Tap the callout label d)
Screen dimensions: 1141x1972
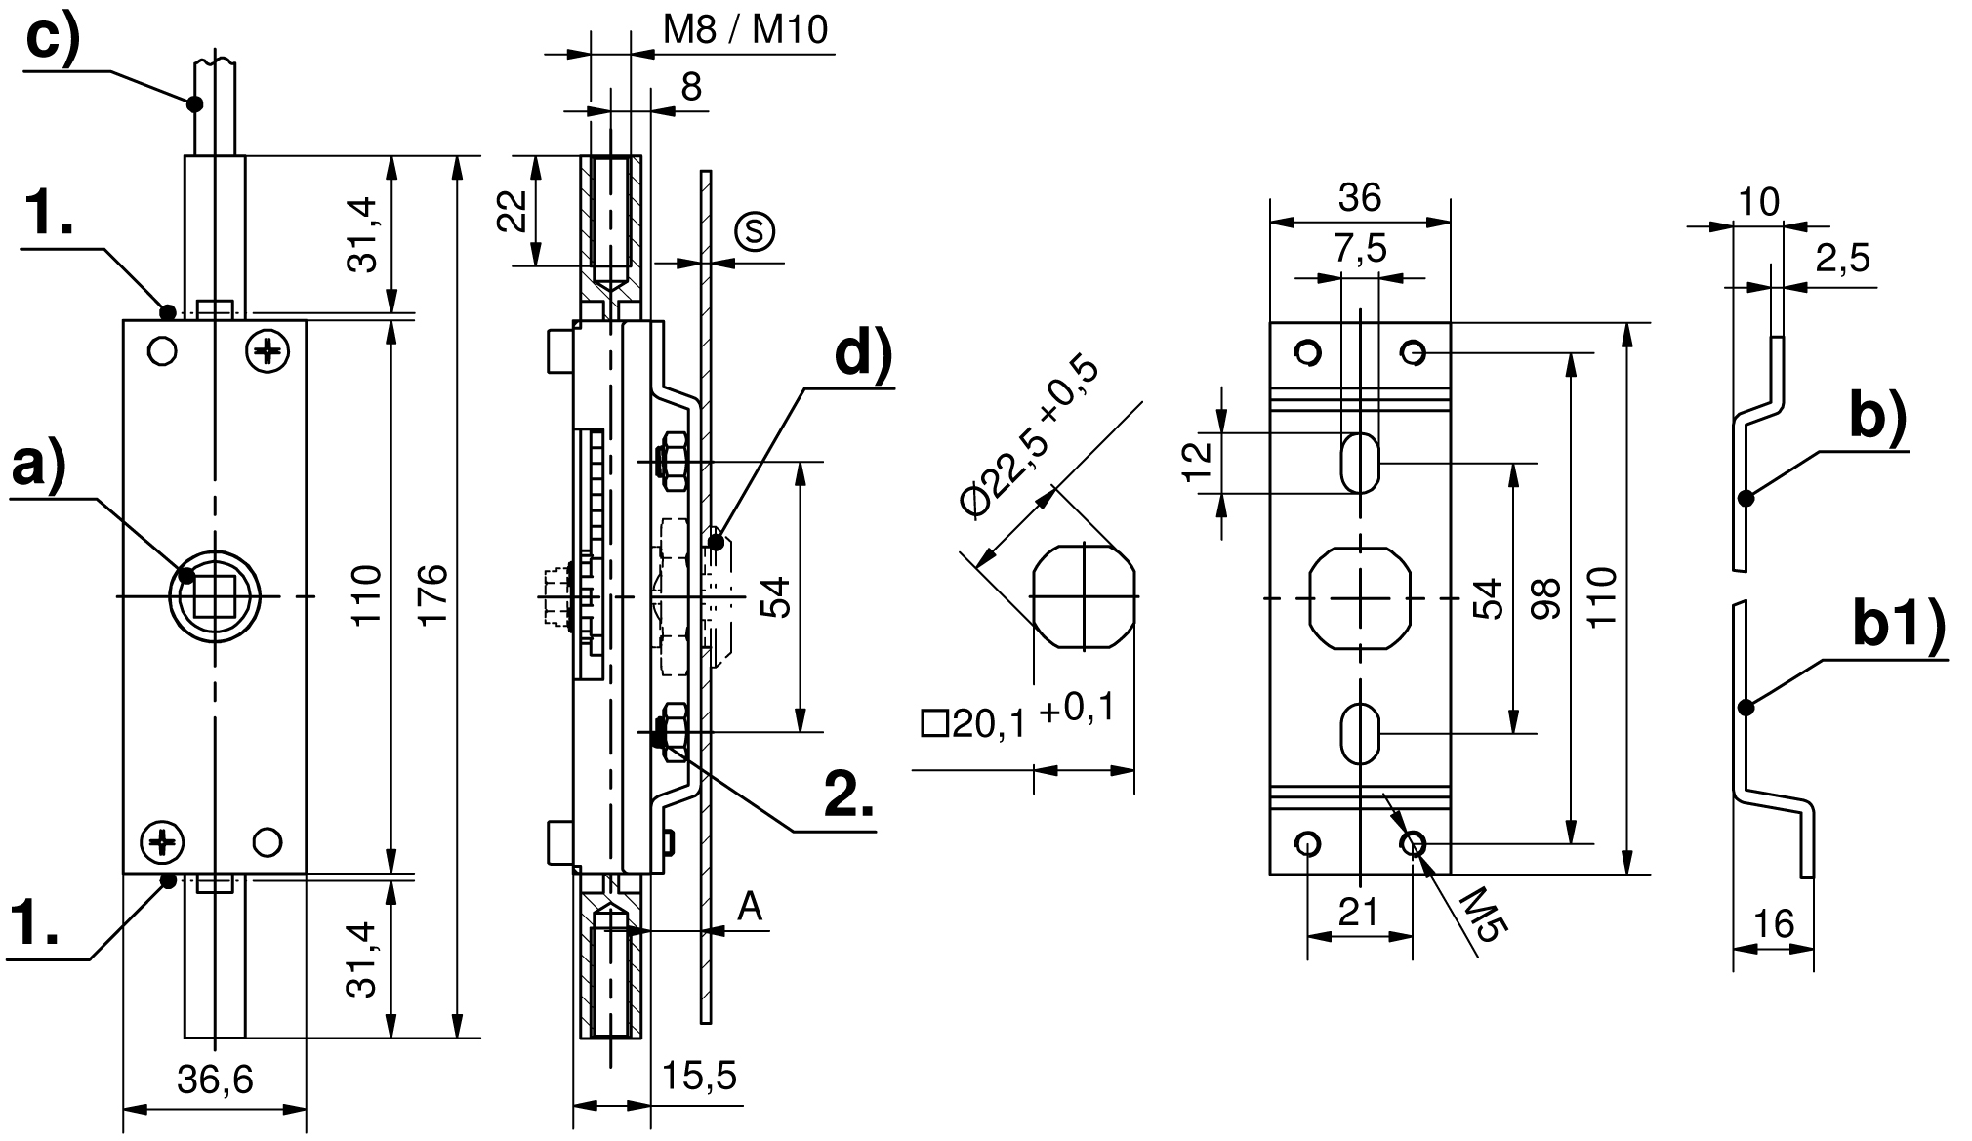coord(863,354)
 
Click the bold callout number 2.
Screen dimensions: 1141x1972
coord(848,795)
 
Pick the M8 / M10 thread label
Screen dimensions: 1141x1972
coord(745,30)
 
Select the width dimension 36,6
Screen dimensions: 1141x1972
coord(215,1080)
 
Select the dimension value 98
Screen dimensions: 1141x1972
coord(1545,597)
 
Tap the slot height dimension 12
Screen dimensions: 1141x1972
coord(1199,462)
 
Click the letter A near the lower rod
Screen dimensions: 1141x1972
coord(749,907)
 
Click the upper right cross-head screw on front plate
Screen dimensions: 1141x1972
coord(268,350)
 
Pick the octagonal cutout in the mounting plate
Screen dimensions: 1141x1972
coord(1359,597)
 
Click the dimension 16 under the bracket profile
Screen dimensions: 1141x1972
coord(1774,922)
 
